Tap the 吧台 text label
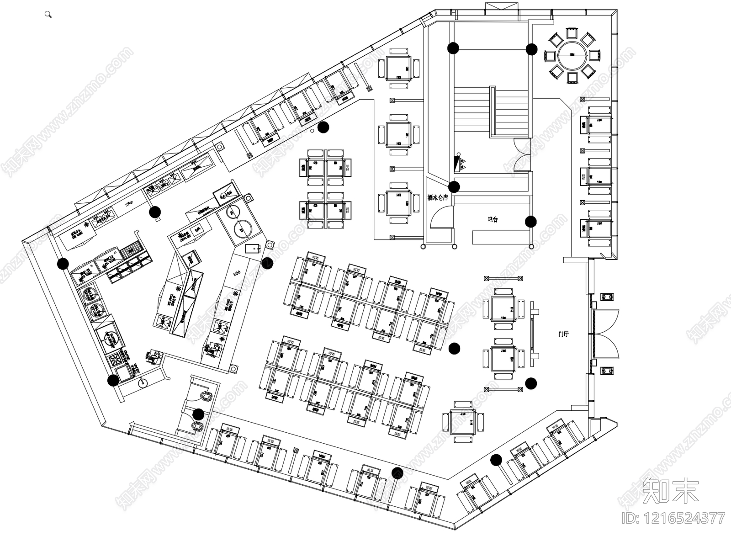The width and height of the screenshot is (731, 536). coord(492,219)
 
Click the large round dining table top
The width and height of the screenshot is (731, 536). coord(571,55)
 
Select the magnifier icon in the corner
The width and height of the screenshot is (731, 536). coord(48,15)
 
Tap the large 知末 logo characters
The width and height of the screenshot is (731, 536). coord(671,491)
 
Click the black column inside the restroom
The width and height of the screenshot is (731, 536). coord(198,414)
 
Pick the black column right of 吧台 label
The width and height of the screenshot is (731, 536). coord(530,222)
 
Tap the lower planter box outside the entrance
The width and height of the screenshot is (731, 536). coord(608,371)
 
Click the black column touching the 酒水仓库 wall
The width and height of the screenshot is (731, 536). coord(454,186)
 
